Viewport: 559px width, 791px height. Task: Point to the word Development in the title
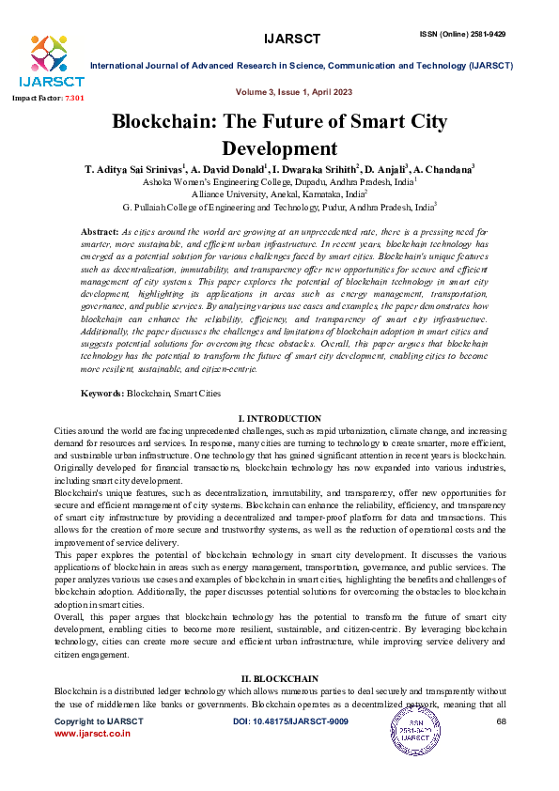pyautogui.click(x=279, y=147)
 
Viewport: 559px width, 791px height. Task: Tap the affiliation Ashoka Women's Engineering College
pyautogui.click(x=278, y=181)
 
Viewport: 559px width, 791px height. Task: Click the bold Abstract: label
pyautogui.click(x=100, y=231)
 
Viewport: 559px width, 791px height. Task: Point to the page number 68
pyautogui.click(x=501, y=721)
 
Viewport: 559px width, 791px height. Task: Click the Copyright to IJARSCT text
pyautogui.click(x=99, y=721)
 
